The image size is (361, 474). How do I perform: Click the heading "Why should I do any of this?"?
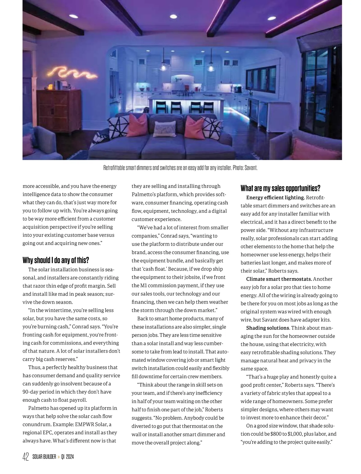point(56,260)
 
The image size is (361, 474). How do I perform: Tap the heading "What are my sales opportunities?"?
point(280,188)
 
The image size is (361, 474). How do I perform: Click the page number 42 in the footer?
point(26,457)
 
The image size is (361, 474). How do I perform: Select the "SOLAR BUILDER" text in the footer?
point(44,457)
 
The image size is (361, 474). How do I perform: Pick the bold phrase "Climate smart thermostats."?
point(279,279)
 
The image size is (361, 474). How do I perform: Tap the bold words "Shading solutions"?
point(268,328)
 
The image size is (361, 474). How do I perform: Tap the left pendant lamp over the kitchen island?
point(163,66)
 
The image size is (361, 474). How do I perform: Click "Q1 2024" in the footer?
point(67,457)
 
